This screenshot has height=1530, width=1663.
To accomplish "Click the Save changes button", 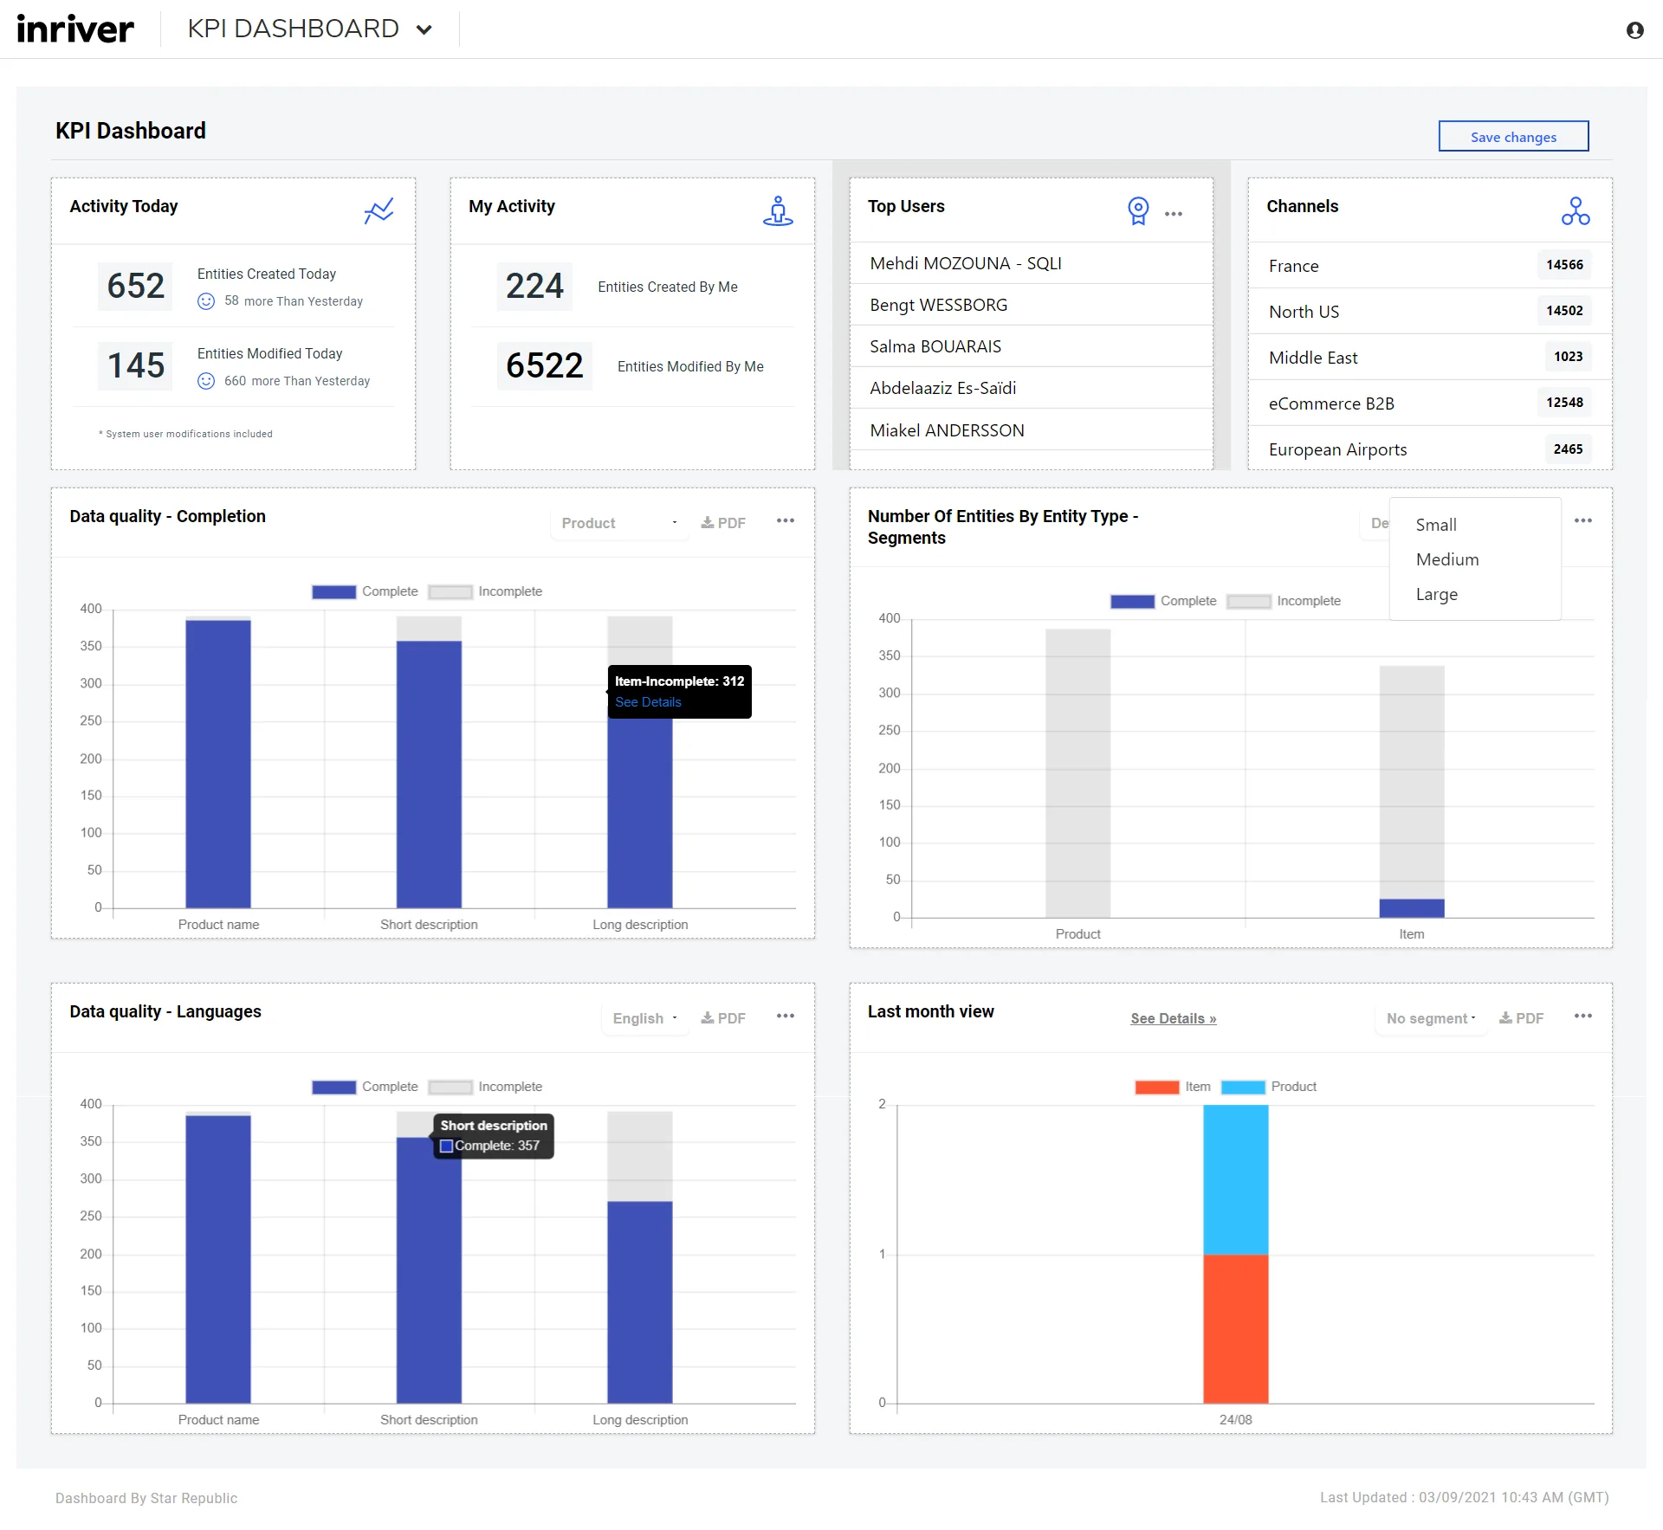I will coord(1513,137).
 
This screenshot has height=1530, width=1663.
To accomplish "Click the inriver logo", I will coord(75,29).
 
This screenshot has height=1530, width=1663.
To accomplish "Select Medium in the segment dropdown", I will coord(1446,559).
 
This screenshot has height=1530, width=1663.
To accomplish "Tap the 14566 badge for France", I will coord(1564,265).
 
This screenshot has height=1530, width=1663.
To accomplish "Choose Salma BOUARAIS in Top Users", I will coord(935,346).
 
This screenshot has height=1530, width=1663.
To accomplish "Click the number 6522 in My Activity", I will coord(544,365).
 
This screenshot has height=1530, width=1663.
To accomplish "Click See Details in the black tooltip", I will coord(648,702).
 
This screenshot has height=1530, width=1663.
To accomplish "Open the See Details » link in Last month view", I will coord(1173,1018).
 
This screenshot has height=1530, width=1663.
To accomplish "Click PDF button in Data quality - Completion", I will coord(723,523).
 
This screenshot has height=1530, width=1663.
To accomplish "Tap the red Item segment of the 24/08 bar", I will coord(1235,1328).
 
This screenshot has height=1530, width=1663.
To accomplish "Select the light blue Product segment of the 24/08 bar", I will coord(1235,1179).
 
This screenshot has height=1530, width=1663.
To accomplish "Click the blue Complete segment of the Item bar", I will coord(1411,908).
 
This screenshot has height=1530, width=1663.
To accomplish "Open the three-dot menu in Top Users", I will coord(1174,214).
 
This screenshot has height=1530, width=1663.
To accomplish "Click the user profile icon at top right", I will coord(1634,30).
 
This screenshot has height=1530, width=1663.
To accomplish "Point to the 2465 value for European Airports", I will coord(1568,449).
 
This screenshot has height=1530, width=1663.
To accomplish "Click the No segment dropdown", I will coord(1430,1018).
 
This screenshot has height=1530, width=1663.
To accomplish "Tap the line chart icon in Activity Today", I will coord(379,210).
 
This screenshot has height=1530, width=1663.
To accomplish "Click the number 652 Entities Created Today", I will coord(135,286).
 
